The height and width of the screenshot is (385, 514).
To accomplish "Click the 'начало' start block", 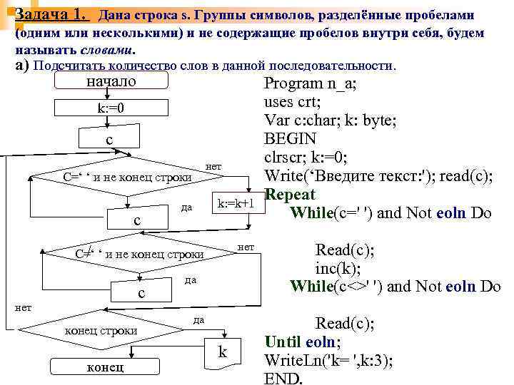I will [111, 82].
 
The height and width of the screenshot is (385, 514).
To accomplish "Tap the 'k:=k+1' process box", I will [236, 204].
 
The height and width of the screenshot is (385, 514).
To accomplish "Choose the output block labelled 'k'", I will [223, 351].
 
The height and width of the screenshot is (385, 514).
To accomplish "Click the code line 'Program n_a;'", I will [311, 83].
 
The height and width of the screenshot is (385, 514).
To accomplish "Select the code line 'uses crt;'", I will [296, 101].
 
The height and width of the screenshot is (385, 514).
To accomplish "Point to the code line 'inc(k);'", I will [338, 269].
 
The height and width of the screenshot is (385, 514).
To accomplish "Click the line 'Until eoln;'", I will [302, 341].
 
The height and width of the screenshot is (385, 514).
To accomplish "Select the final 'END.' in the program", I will [283, 378].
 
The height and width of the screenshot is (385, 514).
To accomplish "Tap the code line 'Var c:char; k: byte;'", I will [330, 120].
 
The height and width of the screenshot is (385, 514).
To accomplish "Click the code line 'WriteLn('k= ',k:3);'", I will [328, 359].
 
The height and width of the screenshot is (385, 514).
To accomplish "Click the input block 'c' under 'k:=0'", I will [109, 140].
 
